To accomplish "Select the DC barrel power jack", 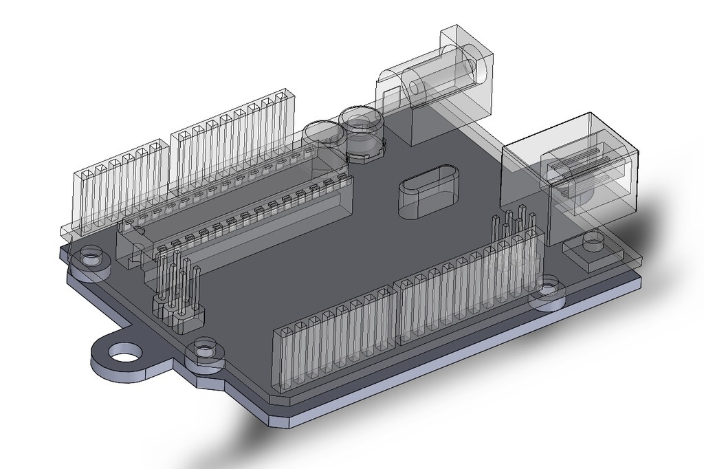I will [440, 83].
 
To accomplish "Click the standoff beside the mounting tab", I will [205, 351].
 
